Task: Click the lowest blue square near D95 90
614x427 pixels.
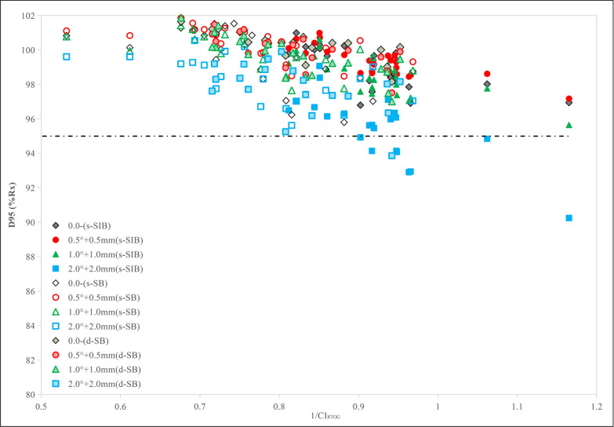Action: pyautogui.click(x=569, y=218)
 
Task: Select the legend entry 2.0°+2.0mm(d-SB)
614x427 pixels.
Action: pyautogui.click(x=96, y=384)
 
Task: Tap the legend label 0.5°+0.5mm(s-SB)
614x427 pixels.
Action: pyautogui.click(x=104, y=297)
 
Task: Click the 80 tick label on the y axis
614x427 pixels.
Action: pyautogui.click(x=31, y=395)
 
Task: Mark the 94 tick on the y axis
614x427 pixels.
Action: pyautogui.click(x=31, y=153)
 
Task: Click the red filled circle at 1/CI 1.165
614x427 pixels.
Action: pyautogui.click(x=569, y=99)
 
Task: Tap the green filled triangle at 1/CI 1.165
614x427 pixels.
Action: pyautogui.click(x=569, y=125)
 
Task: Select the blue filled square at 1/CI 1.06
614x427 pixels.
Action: pyautogui.click(x=487, y=138)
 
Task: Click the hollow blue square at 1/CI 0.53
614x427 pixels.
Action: pyautogui.click(x=67, y=57)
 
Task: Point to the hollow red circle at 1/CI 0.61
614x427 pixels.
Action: pyautogui.click(x=129, y=35)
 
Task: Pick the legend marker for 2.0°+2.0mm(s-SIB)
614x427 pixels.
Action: pyautogui.click(x=56, y=269)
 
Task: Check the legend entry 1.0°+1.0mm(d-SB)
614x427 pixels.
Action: pyautogui.click(x=96, y=370)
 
